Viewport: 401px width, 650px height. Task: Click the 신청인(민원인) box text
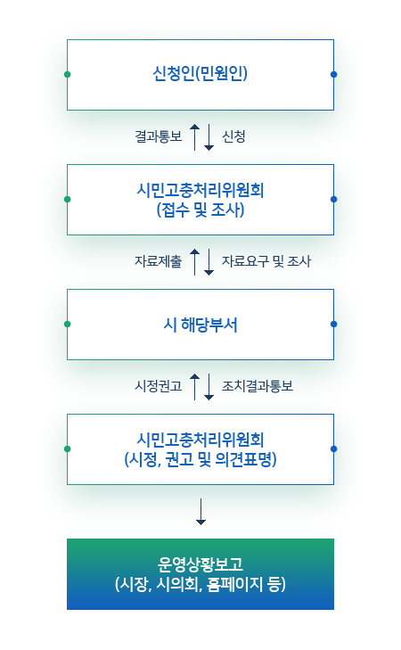click(x=200, y=74)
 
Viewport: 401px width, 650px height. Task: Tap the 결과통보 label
click(x=159, y=136)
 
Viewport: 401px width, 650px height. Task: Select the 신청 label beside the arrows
click(x=233, y=136)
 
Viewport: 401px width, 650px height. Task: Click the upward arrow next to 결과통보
click(x=194, y=136)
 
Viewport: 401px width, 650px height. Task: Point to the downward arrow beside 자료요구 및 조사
click(x=209, y=261)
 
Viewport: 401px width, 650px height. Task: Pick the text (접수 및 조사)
click(x=200, y=210)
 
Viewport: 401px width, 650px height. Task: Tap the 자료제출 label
click(x=159, y=261)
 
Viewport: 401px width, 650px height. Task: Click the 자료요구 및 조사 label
click(x=266, y=261)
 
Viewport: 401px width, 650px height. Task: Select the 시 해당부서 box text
click(x=200, y=325)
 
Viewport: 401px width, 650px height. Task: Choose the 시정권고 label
click(x=159, y=386)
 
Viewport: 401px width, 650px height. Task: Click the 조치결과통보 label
click(x=258, y=386)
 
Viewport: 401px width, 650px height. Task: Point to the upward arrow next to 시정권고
click(x=194, y=386)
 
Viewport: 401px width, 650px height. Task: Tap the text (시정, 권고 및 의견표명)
click(x=200, y=459)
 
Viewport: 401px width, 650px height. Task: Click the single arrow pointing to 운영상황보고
click(x=200, y=512)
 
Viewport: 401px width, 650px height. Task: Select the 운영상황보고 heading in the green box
click(x=200, y=564)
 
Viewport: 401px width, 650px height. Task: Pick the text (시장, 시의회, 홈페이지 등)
click(x=200, y=584)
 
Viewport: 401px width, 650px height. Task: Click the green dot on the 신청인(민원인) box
click(x=68, y=75)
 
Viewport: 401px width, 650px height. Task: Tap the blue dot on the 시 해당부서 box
click(x=334, y=325)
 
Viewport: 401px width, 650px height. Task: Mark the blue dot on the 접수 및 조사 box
click(x=334, y=200)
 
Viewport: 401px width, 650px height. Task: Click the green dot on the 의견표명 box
click(x=68, y=449)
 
